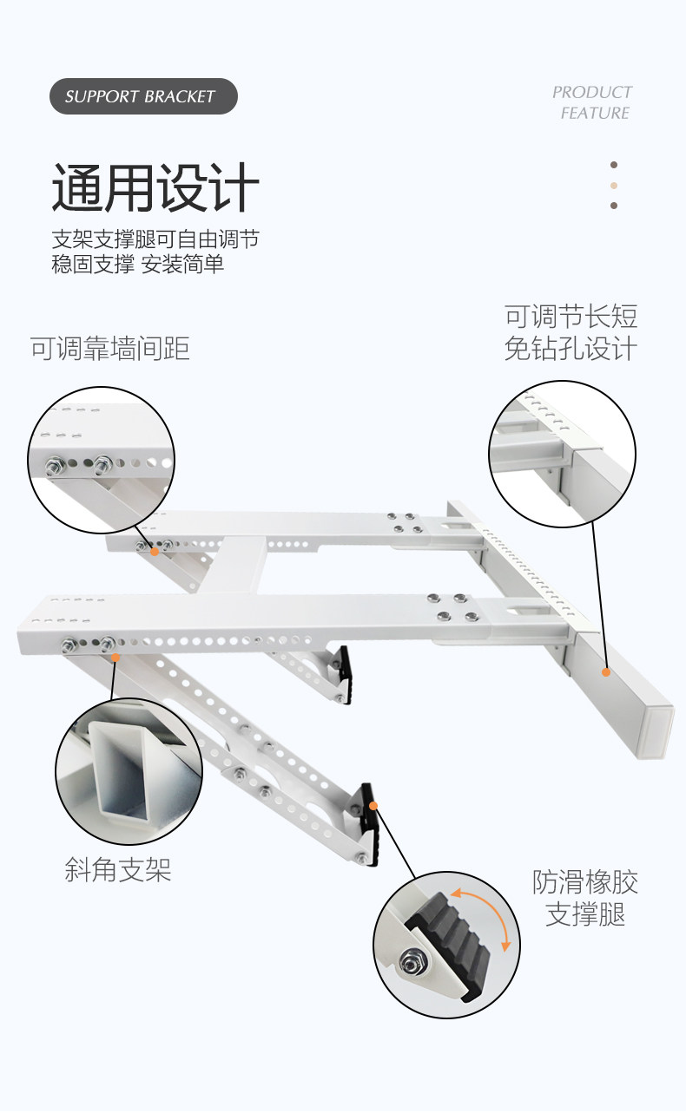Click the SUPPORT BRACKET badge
point(143,96)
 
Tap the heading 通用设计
point(155,189)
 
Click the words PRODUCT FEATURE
point(593,102)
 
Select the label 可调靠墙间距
point(110,349)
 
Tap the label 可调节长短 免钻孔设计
point(571,332)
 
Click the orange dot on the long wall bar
point(605,671)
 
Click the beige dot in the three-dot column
point(614,185)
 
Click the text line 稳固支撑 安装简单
point(138,264)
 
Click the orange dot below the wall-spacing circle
point(155,551)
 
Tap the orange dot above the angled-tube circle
point(114,658)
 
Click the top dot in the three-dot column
point(614,165)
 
